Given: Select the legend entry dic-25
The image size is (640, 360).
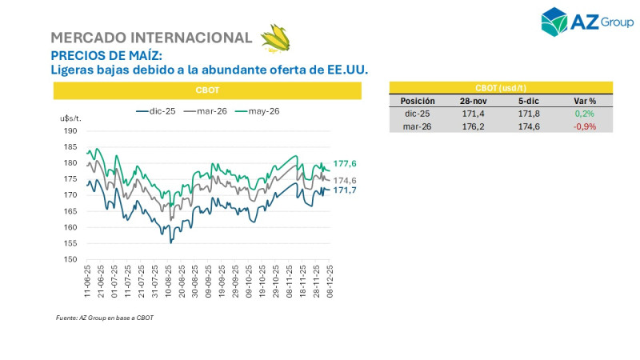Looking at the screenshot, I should tap(157, 111).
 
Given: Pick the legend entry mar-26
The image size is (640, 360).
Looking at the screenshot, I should tap(206, 111).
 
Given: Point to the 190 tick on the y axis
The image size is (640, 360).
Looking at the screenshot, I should tap(70, 130).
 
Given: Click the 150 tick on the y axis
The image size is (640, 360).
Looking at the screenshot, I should tap(70, 259).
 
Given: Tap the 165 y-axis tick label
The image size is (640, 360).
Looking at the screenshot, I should tap(70, 211).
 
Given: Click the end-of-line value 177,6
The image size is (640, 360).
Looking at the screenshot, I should tap(345, 164).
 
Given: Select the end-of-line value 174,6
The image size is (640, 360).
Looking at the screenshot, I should tap(345, 180).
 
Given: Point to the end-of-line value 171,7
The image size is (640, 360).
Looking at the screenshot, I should tap(345, 190).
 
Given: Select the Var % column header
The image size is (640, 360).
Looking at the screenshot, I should tap(585, 102).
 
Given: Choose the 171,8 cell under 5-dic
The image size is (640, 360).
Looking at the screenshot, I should tap(530, 114).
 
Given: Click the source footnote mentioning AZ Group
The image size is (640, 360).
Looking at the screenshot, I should tap(105, 318).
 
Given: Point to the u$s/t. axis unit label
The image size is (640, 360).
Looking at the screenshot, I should tap(71, 118).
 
